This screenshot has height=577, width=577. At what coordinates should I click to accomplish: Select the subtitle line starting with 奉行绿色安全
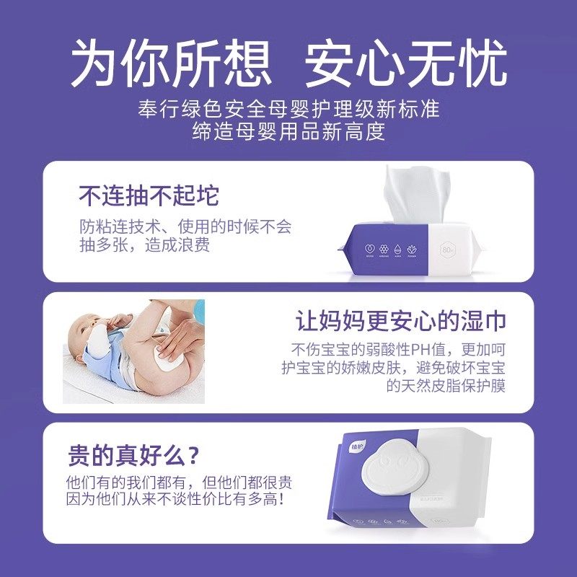pos(288,110)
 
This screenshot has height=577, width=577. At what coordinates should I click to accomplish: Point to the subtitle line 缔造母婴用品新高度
pos(288,132)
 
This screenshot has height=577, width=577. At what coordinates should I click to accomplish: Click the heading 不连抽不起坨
pos(149,196)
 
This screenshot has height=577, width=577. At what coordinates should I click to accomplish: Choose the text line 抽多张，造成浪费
pos(144,245)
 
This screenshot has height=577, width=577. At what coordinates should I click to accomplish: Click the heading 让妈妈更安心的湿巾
pos(401,321)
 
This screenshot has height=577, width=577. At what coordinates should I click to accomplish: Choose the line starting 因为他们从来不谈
pos(180,499)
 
